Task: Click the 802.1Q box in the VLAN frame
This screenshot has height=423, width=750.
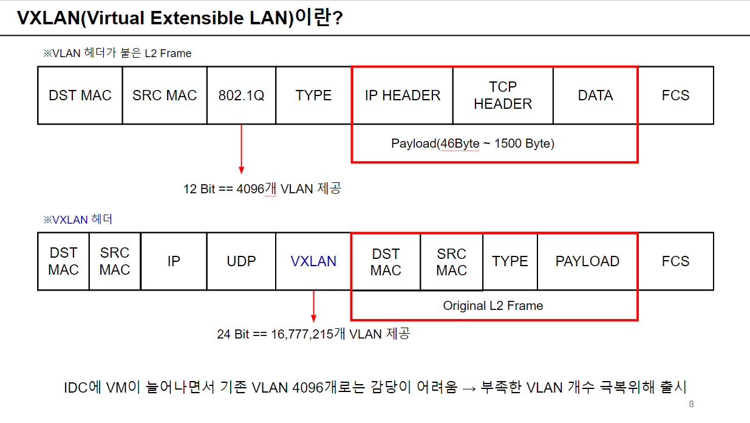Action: (x=241, y=95)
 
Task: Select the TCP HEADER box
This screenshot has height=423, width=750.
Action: (x=503, y=95)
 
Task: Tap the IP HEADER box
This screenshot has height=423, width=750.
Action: (x=403, y=95)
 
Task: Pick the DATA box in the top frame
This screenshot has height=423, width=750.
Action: (x=595, y=95)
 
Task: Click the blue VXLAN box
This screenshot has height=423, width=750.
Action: (x=313, y=261)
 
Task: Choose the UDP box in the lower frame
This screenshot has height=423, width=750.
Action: (x=241, y=261)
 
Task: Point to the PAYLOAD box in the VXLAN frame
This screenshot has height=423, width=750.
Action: (x=587, y=261)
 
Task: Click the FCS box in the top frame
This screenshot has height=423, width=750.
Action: (x=675, y=95)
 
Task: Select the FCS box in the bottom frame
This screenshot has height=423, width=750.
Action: (x=675, y=261)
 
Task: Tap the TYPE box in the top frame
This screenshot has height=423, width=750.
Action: (x=313, y=95)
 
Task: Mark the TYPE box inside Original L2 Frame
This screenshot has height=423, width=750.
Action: (x=510, y=261)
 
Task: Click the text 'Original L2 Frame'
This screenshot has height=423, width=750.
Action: (x=493, y=306)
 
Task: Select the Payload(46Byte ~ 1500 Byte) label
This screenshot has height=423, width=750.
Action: (x=472, y=143)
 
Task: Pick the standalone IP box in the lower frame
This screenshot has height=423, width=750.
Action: (x=174, y=261)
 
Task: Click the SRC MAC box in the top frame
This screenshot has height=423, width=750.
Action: (x=165, y=95)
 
